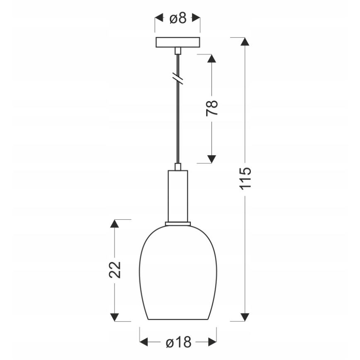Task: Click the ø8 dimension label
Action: click(178, 18)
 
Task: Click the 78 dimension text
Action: click(212, 109)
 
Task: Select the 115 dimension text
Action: click(246, 178)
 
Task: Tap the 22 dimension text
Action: click(115, 270)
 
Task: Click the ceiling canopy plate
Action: click(178, 42)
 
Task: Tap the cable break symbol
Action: click(178, 77)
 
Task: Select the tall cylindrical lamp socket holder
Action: click(178, 195)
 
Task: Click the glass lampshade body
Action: click(178, 274)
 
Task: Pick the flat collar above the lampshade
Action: click(178, 224)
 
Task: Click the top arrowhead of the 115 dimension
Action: click(246, 41)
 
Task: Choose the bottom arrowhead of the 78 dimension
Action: click(212, 159)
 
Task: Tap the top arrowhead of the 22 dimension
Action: click(115, 224)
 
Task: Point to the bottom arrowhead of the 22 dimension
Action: click(115, 317)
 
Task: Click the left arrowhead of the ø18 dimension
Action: click(144, 342)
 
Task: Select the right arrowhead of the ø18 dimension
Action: click(212, 342)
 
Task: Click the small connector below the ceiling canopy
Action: click(178, 50)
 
